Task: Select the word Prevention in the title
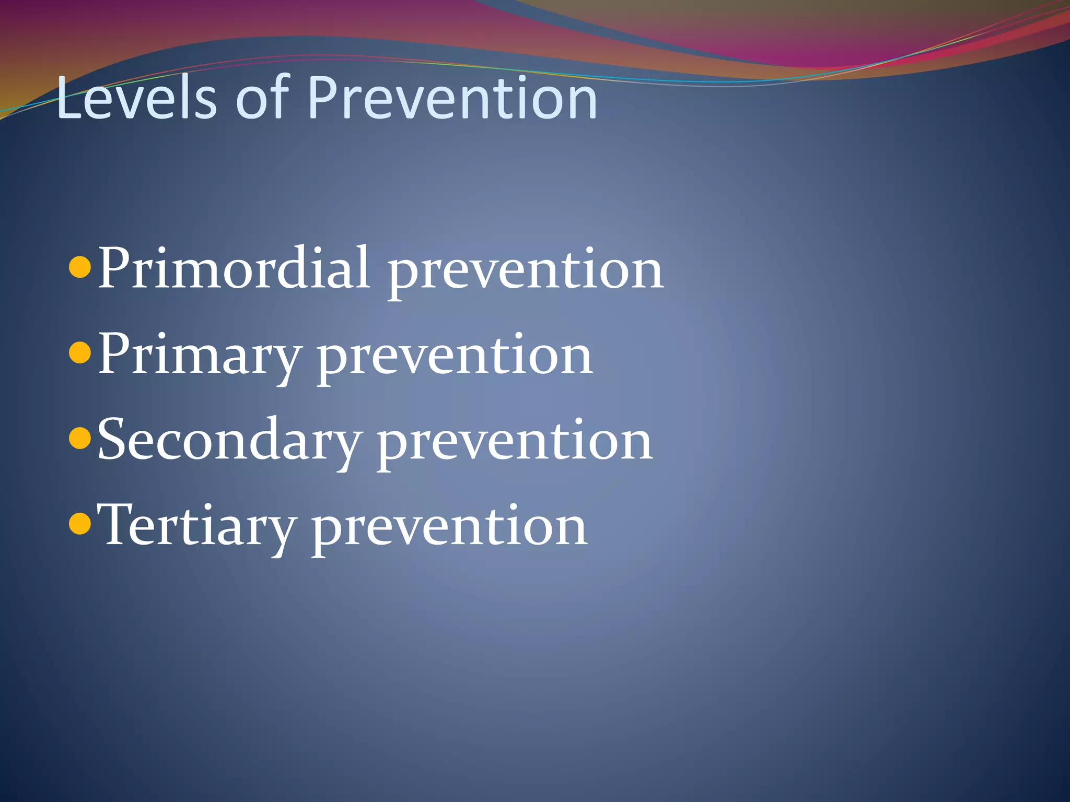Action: [x=452, y=98]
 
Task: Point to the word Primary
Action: [x=199, y=355]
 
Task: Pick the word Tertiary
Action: [x=196, y=526]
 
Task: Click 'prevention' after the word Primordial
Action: [x=525, y=272]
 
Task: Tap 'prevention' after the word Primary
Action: [x=455, y=358]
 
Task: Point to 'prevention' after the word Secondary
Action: [x=515, y=443]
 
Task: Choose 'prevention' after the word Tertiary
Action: [x=449, y=528]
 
